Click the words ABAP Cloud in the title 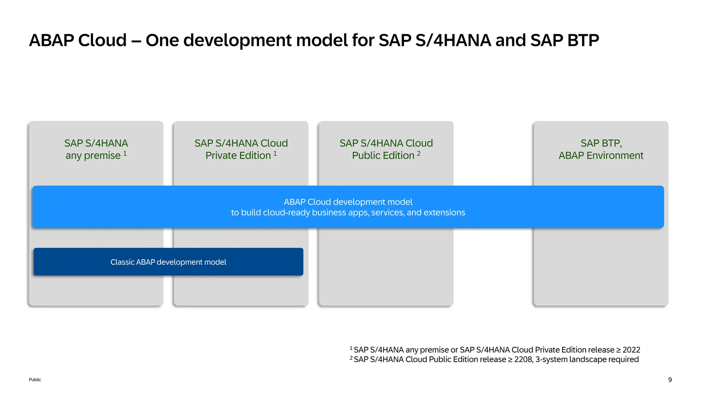pyautogui.click(x=78, y=40)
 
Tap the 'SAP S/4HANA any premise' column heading pyautogui.click(x=96, y=149)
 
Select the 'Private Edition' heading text pyautogui.click(x=238, y=156)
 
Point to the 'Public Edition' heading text pyautogui.click(x=383, y=156)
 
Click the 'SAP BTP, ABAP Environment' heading pyautogui.click(x=601, y=149)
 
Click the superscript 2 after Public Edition pyautogui.click(x=419, y=154)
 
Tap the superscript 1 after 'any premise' pyautogui.click(x=125, y=154)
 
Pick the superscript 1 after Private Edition pyautogui.click(x=275, y=154)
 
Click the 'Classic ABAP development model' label pyautogui.click(x=168, y=262)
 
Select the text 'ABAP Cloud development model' pyautogui.click(x=348, y=202)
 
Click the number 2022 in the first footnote pyautogui.click(x=631, y=350)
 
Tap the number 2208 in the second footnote pyautogui.click(x=523, y=359)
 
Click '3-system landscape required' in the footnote pyautogui.click(x=587, y=359)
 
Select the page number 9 pyautogui.click(x=670, y=380)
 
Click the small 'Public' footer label pyautogui.click(x=35, y=380)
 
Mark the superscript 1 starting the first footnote pyautogui.click(x=351, y=348)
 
